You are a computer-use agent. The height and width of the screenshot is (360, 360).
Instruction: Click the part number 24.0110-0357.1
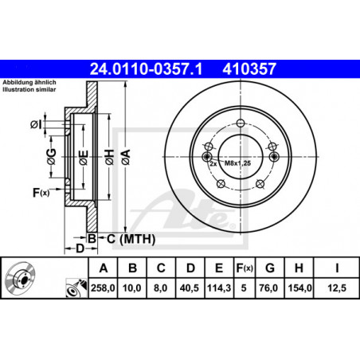point(146,69)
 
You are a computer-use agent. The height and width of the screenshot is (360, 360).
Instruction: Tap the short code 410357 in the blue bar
point(249,69)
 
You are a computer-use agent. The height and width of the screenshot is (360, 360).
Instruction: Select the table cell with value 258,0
point(103,288)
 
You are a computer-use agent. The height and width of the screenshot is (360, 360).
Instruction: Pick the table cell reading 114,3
point(219,288)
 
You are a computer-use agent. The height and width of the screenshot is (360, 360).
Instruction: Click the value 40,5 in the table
point(190,288)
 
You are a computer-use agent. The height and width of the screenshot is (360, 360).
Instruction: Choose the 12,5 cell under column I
point(337,288)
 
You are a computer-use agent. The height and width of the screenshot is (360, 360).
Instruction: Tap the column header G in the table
point(270,268)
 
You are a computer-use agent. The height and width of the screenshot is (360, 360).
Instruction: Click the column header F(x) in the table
point(245,268)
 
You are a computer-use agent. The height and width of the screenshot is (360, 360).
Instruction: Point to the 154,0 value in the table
point(299,288)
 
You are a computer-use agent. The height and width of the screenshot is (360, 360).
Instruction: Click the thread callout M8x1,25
point(237,163)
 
